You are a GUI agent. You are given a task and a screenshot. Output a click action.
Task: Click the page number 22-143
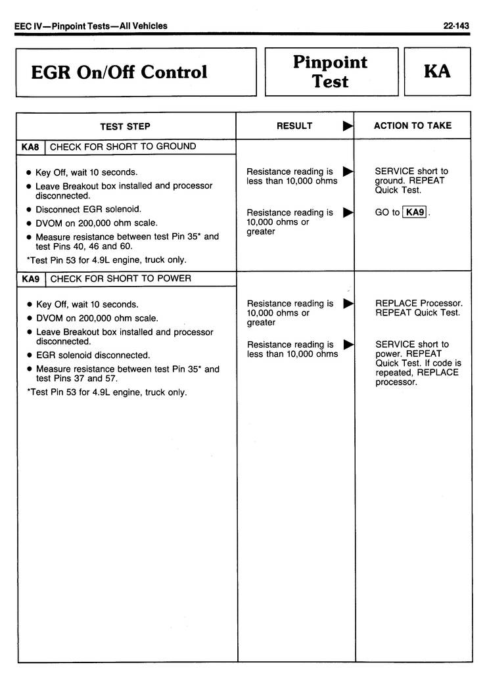coord(456,26)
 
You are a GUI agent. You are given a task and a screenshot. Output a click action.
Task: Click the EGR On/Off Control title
coord(119,72)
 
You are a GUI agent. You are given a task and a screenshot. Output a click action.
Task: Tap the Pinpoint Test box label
coord(330,72)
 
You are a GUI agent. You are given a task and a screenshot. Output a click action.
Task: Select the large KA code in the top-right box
coord(437,72)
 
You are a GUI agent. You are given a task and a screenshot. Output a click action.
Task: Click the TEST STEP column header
coord(125,126)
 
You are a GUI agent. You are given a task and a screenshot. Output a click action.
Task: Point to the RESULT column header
coord(294,126)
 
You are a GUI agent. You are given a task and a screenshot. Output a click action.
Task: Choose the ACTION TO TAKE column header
coord(413,126)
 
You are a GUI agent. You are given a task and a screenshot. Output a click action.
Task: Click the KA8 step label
coord(30,147)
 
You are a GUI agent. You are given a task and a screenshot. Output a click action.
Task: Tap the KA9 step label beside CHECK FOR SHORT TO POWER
coord(30,279)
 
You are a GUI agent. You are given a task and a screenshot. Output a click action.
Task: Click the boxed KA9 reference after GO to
coord(415,212)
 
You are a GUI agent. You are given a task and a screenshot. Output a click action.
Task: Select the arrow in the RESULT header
coord(348,126)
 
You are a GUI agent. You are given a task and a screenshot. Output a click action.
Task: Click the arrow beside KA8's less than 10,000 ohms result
coord(348,172)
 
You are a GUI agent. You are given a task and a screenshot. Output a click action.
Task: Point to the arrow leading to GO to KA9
coord(348,212)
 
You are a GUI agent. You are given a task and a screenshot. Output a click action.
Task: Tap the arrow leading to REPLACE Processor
coord(348,304)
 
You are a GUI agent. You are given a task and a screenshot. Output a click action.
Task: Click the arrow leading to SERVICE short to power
coord(348,344)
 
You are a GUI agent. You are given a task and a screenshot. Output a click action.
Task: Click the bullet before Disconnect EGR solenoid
coord(29,210)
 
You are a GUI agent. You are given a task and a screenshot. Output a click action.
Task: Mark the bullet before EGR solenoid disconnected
coord(29,356)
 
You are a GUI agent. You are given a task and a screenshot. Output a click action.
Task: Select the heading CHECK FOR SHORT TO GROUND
coord(123,147)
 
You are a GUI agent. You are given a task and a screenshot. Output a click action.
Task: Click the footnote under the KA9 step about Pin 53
coord(106,392)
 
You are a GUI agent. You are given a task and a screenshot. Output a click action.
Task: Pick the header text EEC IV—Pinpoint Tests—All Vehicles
coord(91,26)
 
